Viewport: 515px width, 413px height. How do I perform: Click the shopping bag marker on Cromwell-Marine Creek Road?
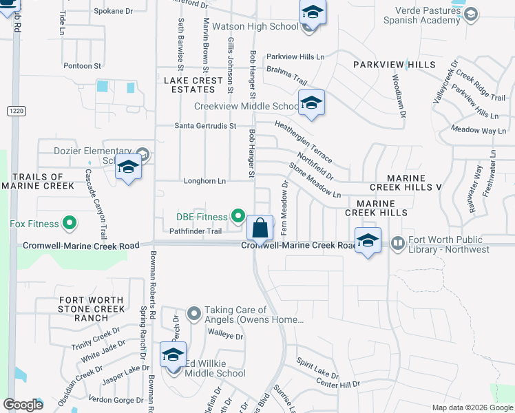[260, 226]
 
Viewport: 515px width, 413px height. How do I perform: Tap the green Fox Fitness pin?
[69, 223]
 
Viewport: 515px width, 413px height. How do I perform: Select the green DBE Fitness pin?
[238, 217]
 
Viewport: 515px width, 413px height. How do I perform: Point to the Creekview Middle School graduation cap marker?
[311, 103]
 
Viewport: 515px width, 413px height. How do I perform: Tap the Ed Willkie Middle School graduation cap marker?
[172, 355]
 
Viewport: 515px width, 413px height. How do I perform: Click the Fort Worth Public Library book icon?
[397, 243]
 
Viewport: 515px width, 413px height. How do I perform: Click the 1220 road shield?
[16, 111]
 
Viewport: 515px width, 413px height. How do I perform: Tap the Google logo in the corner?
[23, 405]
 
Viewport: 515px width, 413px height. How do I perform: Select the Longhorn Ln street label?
[204, 181]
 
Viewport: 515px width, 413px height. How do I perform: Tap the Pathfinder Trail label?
[196, 231]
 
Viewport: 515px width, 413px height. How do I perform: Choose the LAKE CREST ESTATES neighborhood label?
[193, 85]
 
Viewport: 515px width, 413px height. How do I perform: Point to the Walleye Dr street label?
[226, 337]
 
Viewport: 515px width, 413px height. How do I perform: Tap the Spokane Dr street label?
[113, 11]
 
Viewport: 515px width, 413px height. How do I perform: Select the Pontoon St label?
[82, 66]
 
